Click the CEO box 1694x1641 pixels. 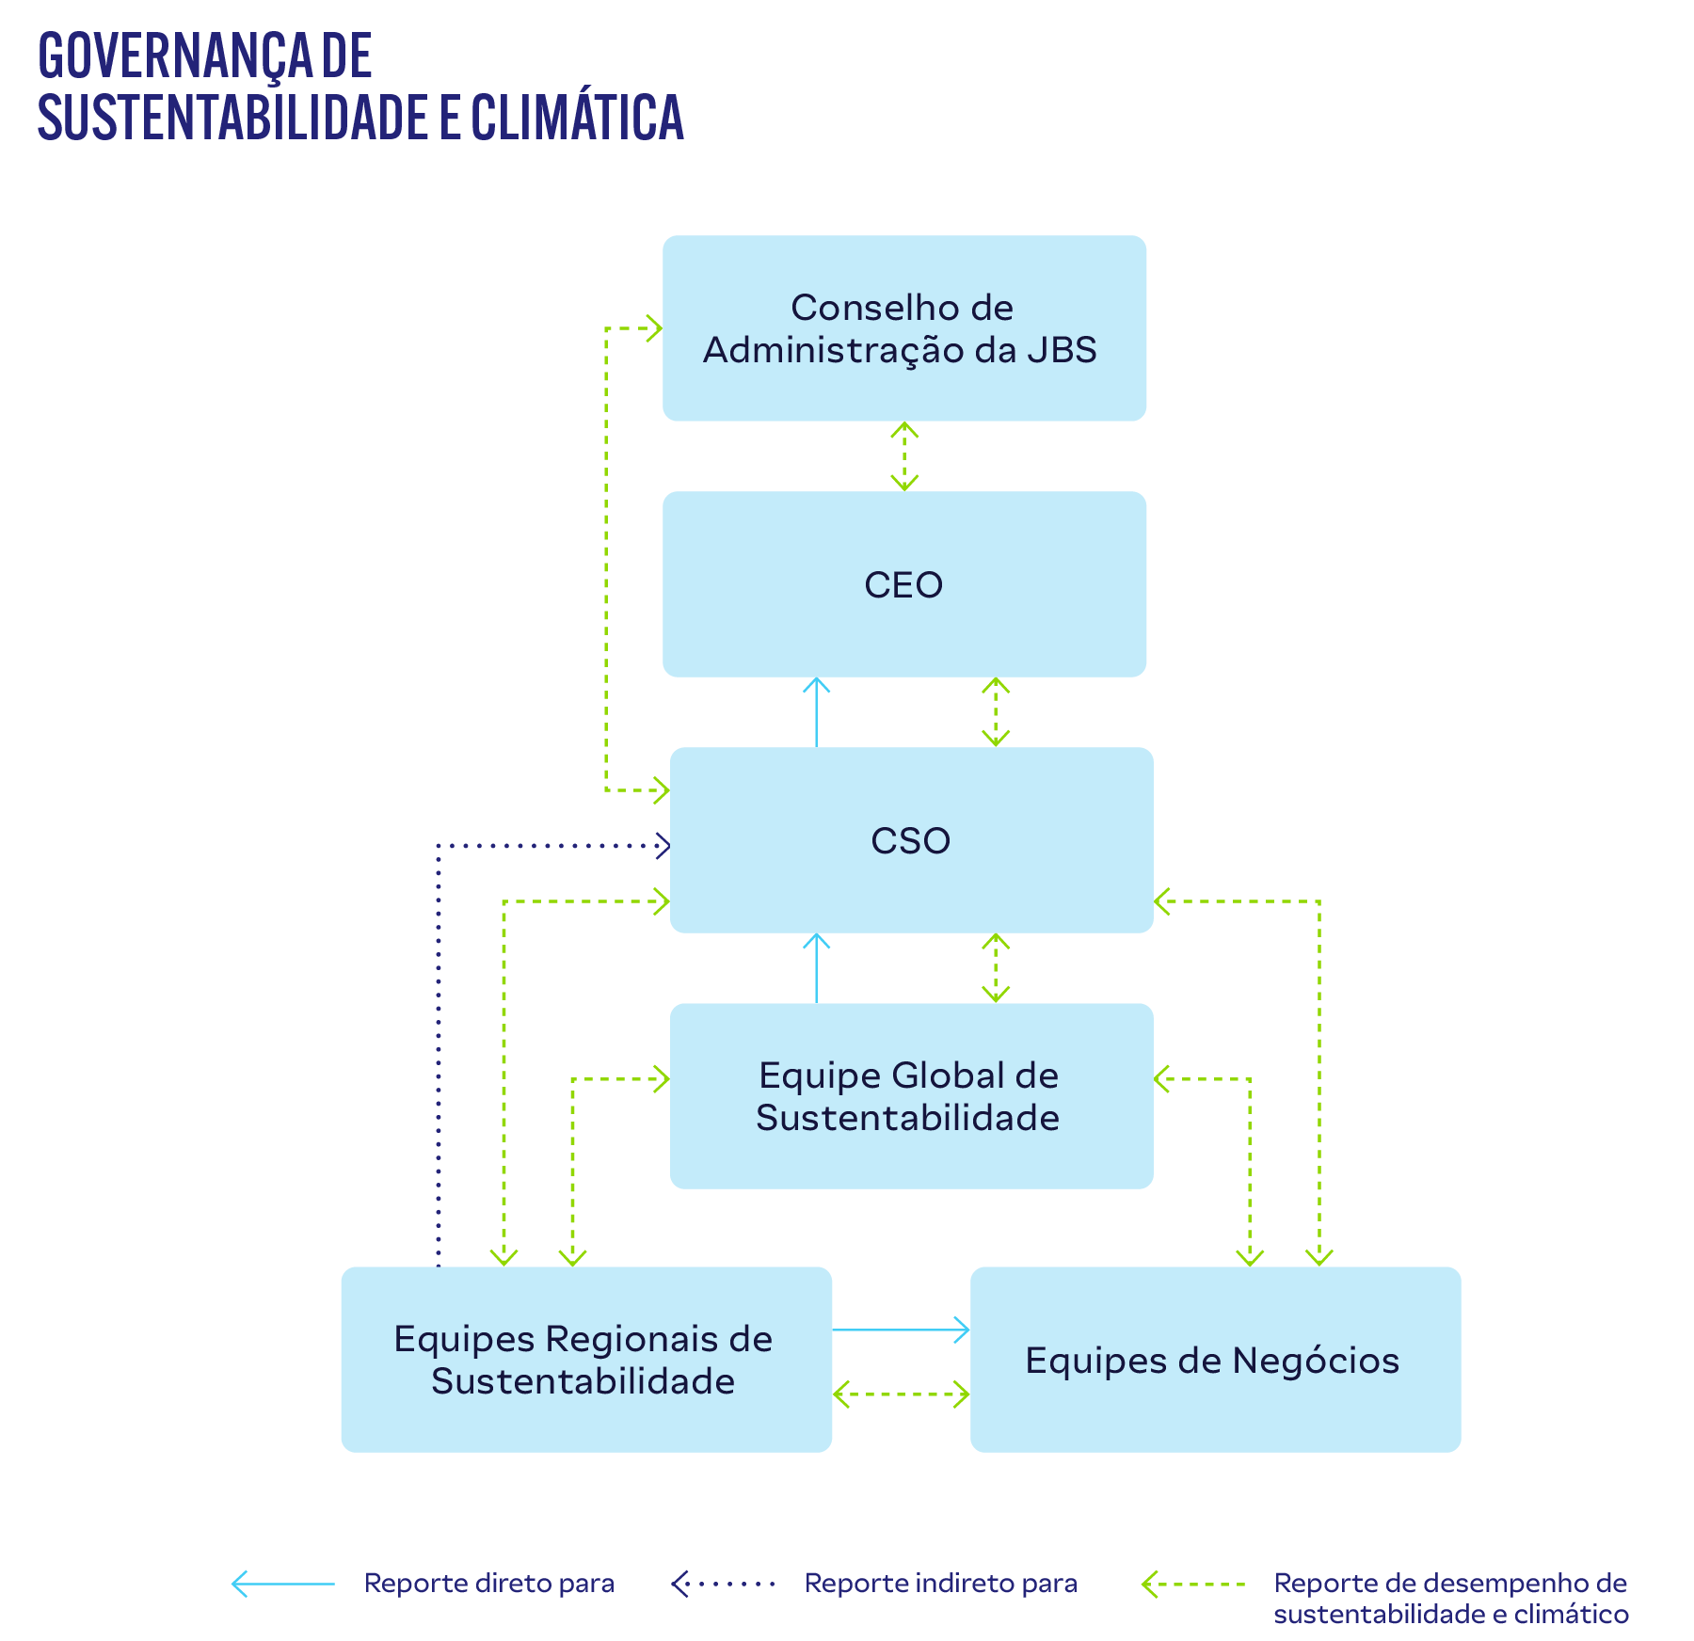click(903, 584)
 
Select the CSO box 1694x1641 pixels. click(910, 840)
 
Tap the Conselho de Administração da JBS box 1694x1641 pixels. click(903, 328)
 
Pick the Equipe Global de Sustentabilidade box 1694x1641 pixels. click(910, 1096)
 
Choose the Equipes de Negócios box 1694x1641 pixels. click(1214, 1360)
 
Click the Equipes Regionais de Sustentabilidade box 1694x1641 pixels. click(585, 1360)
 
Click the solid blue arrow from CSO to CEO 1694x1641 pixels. click(816, 712)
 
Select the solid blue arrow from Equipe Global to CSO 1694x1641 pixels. click(816, 968)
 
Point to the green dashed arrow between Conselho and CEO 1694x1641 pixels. click(904, 456)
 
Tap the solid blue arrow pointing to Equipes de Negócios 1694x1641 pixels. click(901, 1330)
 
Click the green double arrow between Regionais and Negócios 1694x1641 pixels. click(901, 1394)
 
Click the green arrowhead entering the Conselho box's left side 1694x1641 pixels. click(654, 328)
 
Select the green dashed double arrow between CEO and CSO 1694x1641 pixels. click(996, 712)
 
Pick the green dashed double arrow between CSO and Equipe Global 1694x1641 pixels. click(996, 968)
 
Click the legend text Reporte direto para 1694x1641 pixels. click(488, 1584)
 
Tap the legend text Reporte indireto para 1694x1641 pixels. click(940, 1584)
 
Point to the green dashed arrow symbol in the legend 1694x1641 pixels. click(1192, 1585)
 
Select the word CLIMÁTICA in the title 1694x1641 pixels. click(577, 117)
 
